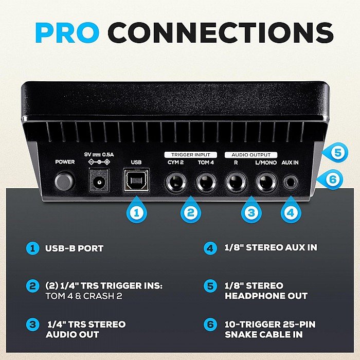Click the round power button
pos(64,181)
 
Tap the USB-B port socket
pos(136,181)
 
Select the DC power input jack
pos(99,181)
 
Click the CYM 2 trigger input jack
pos(176,183)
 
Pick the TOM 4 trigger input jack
pos(206,183)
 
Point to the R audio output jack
pos(236,183)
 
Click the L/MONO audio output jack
pos(266,183)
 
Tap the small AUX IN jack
pos(291,183)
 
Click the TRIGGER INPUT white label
pos(191,155)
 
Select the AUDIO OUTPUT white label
pos(251,155)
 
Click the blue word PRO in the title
pos(67,32)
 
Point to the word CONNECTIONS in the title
pos(221,32)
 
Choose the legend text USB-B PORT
pos(74,248)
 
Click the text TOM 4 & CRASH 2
pos(84,296)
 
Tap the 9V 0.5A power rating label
pos(99,154)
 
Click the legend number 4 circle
pos(210,248)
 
